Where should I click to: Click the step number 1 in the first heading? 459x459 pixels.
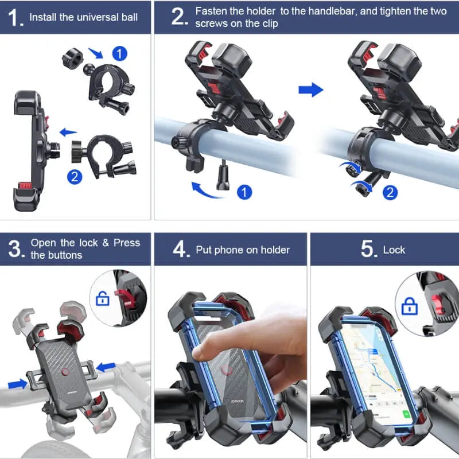click(x=15, y=17)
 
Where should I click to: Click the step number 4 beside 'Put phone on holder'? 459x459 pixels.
click(x=180, y=249)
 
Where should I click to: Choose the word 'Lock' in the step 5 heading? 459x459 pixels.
click(x=394, y=250)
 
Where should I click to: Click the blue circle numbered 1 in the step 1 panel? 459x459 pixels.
click(x=119, y=55)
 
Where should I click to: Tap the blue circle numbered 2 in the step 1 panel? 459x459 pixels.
click(x=74, y=177)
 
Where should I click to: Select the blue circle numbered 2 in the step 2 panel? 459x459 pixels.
click(x=390, y=192)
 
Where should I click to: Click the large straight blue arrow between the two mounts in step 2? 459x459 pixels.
click(x=310, y=90)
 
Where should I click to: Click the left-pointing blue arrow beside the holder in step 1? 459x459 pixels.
click(x=68, y=133)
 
